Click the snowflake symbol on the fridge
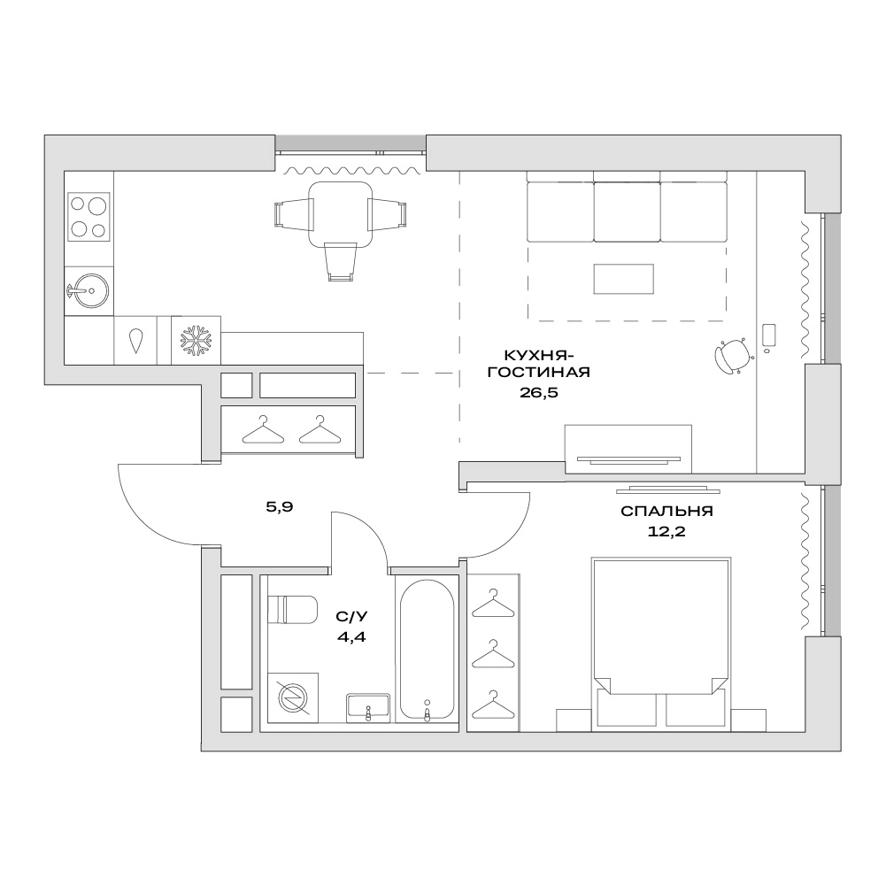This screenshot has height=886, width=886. pos(196,340)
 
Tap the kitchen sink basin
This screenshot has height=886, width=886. pos(91,290)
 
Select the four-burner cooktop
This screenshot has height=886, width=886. pos(89,217)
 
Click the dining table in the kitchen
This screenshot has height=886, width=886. pos(340,215)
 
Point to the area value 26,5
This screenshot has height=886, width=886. pos(538,392)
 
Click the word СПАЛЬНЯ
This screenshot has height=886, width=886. pos(666,511)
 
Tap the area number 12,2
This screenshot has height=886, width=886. pos(666,531)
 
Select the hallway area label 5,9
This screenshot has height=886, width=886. pos(279,507)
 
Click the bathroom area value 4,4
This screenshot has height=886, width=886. pos(351,636)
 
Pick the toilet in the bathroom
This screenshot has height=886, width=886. pos(291,609)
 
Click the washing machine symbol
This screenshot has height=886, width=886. pos(293,697)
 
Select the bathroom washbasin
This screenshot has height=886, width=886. pos(368,707)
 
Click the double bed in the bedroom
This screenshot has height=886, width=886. pos(660,643)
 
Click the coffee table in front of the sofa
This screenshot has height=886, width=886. pos(623,279)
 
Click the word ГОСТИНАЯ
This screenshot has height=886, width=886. pos(538,373)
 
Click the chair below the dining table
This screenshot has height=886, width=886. pos(341,262)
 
